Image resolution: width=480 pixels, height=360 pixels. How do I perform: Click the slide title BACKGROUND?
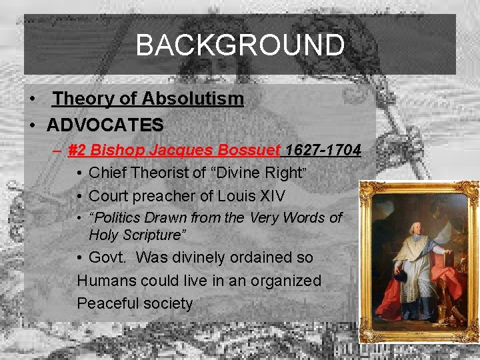point(240,45)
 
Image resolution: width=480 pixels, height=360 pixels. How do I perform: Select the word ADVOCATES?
point(105,125)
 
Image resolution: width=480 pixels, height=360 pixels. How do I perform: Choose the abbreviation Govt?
point(110,257)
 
